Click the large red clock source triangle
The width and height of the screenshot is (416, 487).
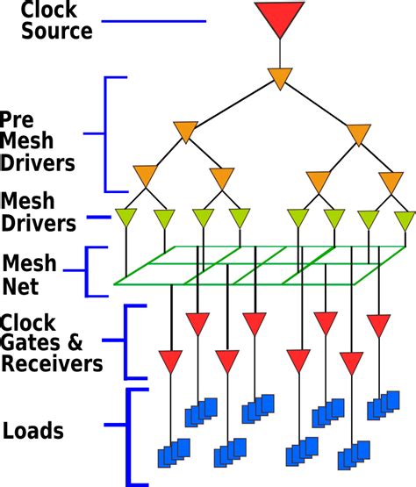[279, 18]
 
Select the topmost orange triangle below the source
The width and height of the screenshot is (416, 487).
[279, 77]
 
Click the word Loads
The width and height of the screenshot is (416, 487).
[33, 431]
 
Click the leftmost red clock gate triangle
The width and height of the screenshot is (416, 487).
[170, 360]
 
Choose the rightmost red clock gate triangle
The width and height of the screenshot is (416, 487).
[378, 325]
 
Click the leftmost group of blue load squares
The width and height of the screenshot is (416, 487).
[174, 452]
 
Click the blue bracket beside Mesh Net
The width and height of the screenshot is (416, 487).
[90, 271]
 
